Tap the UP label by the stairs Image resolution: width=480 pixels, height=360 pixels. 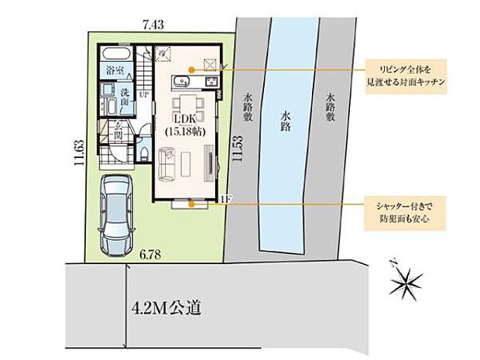(x=144, y=95)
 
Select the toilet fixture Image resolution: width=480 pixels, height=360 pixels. (x=145, y=152)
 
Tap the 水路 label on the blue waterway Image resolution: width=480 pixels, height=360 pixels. (x=286, y=121)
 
